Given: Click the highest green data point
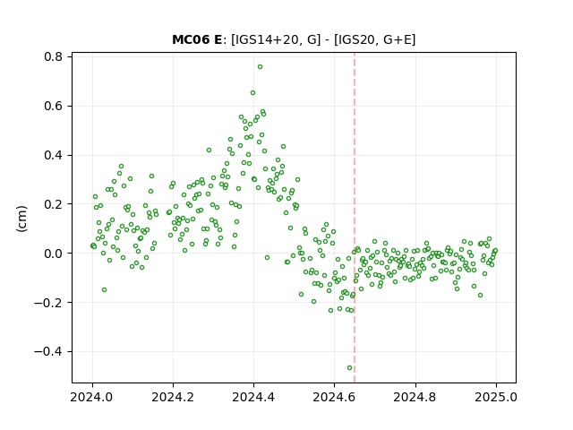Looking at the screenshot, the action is pyautogui.click(x=260, y=67).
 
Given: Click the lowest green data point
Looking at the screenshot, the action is pyautogui.click(x=350, y=368).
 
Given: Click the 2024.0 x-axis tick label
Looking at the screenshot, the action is pyautogui.click(x=92, y=397).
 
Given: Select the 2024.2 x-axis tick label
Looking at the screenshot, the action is pyautogui.click(x=173, y=397).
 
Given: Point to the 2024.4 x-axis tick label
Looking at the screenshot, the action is pyautogui.click(x=253, y=397).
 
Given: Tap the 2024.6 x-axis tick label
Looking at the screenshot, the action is pyautogui.click(x=334, y=397).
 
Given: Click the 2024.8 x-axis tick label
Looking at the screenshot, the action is pyautogui.click(x=415, y=397).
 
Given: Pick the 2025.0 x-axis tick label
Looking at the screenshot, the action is pyautogui.click(x=496, y=397).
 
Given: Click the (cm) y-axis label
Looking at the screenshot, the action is pyautogui.click(x=21, y=219).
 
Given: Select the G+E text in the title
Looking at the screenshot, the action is pyautogui.click(x=398, y=39).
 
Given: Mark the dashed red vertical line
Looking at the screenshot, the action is pyautogui.click(x=355, y=218).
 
